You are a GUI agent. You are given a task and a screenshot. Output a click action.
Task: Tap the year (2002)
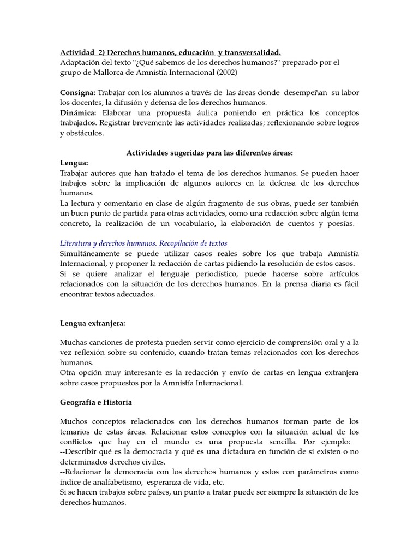(x=226, y=72)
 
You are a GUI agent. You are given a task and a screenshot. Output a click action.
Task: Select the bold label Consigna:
(x=77, y=93)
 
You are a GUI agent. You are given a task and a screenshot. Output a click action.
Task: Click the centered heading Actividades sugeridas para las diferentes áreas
(x=210, y=153)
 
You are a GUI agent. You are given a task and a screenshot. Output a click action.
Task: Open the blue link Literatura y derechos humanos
(x=143, y=243)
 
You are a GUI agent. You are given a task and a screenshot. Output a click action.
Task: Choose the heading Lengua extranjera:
(x=93, y=323)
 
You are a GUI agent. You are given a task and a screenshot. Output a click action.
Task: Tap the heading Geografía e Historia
(x=96, y=402)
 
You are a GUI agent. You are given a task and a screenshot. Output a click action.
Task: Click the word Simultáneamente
(x=91, y=254)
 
